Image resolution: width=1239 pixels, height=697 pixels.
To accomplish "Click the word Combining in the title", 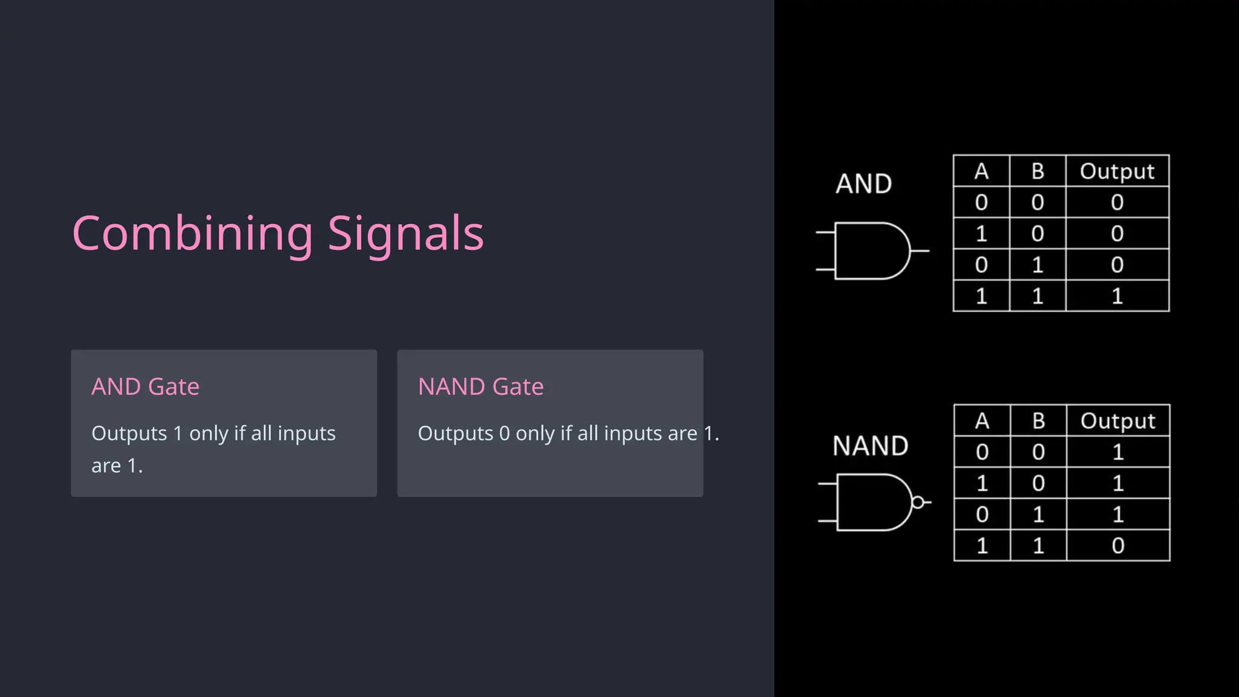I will (x=192, y=234).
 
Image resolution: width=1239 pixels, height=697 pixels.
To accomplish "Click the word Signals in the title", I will (x=405, y=234).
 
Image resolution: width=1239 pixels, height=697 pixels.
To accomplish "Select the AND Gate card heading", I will (x=145, y=387).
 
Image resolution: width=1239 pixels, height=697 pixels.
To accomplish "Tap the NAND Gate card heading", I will (x=480, y=387).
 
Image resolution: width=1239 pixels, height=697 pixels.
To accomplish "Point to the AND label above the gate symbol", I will (x=863, y=184).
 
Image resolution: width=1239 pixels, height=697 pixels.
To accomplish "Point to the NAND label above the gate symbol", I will (x=870, y=446).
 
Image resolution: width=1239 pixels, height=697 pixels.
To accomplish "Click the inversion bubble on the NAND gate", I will (x=918, y=502).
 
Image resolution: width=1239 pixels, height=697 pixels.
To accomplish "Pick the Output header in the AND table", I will (x=1117, y=171).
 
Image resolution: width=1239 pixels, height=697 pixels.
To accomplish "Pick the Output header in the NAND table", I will (x=1117, y=421).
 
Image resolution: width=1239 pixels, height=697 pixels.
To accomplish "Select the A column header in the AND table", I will (x=981, y=171).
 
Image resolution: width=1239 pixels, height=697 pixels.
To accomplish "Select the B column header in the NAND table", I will (x=1038, y=421).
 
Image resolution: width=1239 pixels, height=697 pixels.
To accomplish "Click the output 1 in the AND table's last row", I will (x=1117, y=296).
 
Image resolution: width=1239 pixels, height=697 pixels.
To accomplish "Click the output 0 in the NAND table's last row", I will (x=1117, y=546).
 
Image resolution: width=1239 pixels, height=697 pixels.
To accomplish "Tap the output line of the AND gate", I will (x=920, y=250).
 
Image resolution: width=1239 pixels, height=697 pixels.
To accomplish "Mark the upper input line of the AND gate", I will (x=825, y=232).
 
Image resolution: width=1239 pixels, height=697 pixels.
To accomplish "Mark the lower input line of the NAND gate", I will (x=828, y=520).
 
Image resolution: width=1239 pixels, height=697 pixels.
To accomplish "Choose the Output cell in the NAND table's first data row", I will (x=1117, y=452).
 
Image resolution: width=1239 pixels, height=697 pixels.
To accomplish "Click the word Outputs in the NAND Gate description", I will (x=455, y=434).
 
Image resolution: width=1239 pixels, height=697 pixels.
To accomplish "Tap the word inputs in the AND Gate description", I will (x=306, y=434).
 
